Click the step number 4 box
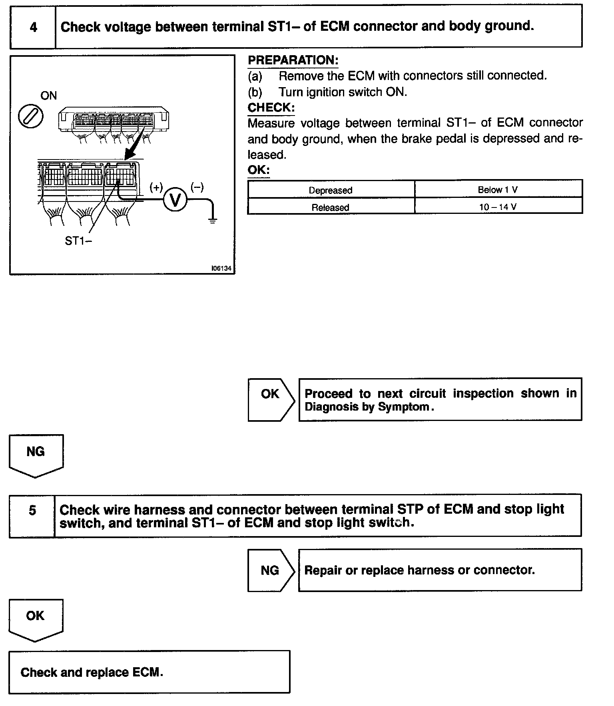coord(33,27)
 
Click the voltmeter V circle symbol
coord(175,200)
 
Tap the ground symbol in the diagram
coord(213,219)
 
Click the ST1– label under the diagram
coord(78,241)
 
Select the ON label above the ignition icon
coord(49,96)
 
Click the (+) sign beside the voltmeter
coord(156,187)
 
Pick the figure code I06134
coord(221,269)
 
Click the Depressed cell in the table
coord(331,190)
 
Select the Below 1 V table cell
coord(498,190)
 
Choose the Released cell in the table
coord(331,207)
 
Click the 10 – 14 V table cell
coord(498,207)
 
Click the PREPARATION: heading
coord(293,60)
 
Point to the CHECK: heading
coord(271,108)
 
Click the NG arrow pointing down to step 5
coord(36,455)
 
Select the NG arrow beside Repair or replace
coord(270,570)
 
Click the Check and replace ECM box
coord(149,673)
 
